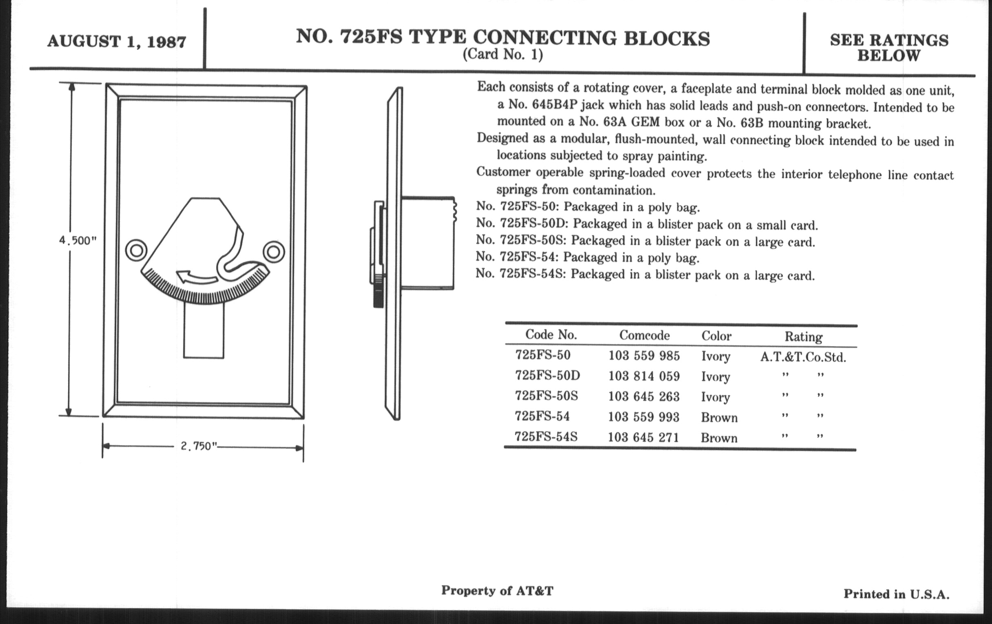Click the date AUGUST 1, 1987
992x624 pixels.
[117, 42]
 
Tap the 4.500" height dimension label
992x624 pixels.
[78, 240]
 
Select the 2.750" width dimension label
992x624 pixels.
[199, 446]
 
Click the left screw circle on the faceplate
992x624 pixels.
[136, 250]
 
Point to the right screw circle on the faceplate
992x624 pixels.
[274, 252]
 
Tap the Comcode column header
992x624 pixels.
[644, 335]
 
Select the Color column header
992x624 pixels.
[716, 336]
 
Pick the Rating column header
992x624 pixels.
[803, 337]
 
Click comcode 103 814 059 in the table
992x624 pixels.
[644, 376]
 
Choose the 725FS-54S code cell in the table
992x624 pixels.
[546, 436]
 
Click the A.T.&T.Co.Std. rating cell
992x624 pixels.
[803, 357]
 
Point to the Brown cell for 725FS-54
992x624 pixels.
[719, 418]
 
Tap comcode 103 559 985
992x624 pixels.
[644, 356]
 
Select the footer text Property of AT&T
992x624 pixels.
[497, 591]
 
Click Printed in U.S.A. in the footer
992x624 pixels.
[897, 594]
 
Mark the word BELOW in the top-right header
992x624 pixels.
[888, 56]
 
